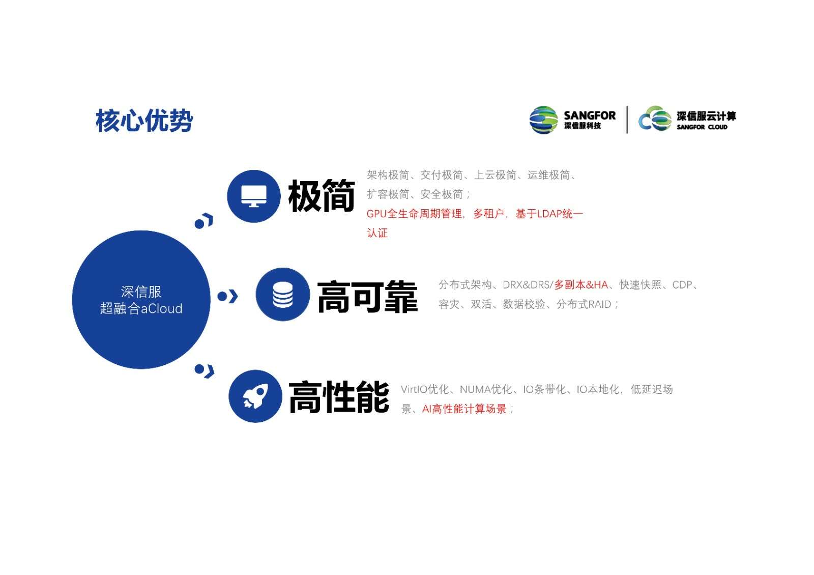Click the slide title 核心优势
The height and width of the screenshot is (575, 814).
point(144,120)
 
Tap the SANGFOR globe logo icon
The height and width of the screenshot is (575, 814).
point(544,120)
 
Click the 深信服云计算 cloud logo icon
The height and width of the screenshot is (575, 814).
point(655,119)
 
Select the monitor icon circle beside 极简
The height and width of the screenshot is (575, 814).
point(254,196)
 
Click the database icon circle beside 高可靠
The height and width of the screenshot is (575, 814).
point(283,295)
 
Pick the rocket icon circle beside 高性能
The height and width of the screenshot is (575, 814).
point(255,396)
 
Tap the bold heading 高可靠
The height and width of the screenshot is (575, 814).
point(367,297)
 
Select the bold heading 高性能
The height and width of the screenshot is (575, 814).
point(339,397)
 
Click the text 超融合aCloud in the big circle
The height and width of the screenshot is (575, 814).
point(141,308)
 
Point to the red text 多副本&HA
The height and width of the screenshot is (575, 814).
point(581,284)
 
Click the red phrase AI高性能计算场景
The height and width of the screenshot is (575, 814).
point(464,409)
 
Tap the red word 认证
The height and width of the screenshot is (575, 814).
point(377,233)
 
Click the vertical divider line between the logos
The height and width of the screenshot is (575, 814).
point(627,120)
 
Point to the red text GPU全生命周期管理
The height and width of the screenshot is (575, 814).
point(414,214)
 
